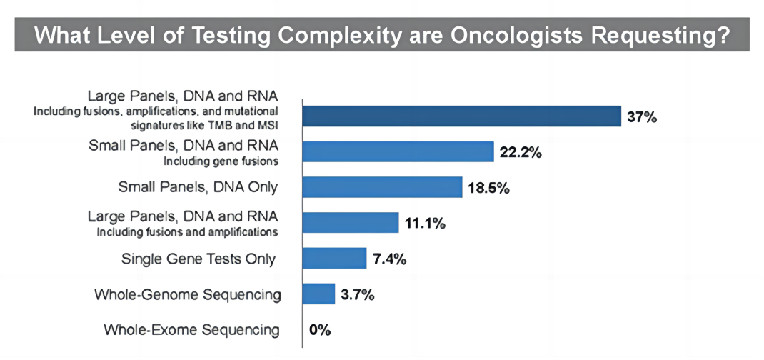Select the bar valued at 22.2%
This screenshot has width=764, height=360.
tap(398, 151)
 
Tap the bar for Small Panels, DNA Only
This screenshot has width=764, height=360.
tap(383, 187)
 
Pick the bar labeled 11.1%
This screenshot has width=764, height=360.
tap(351, 222)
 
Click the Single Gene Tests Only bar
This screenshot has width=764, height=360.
tap(335, 258)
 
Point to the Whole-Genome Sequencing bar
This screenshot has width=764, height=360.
tap(319, 294)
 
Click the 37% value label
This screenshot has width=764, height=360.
tap(641, 117)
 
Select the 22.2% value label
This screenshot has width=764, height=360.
tap(521, 152)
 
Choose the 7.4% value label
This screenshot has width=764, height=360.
tap(390, 259)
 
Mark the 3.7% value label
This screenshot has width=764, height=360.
tap(358, 294)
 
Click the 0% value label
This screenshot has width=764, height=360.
tap(319, 330)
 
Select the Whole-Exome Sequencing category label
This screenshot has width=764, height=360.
tap(191, 330)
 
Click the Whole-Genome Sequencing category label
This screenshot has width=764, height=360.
tap(187, 294)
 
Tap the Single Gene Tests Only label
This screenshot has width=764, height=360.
tap(198, 259)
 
